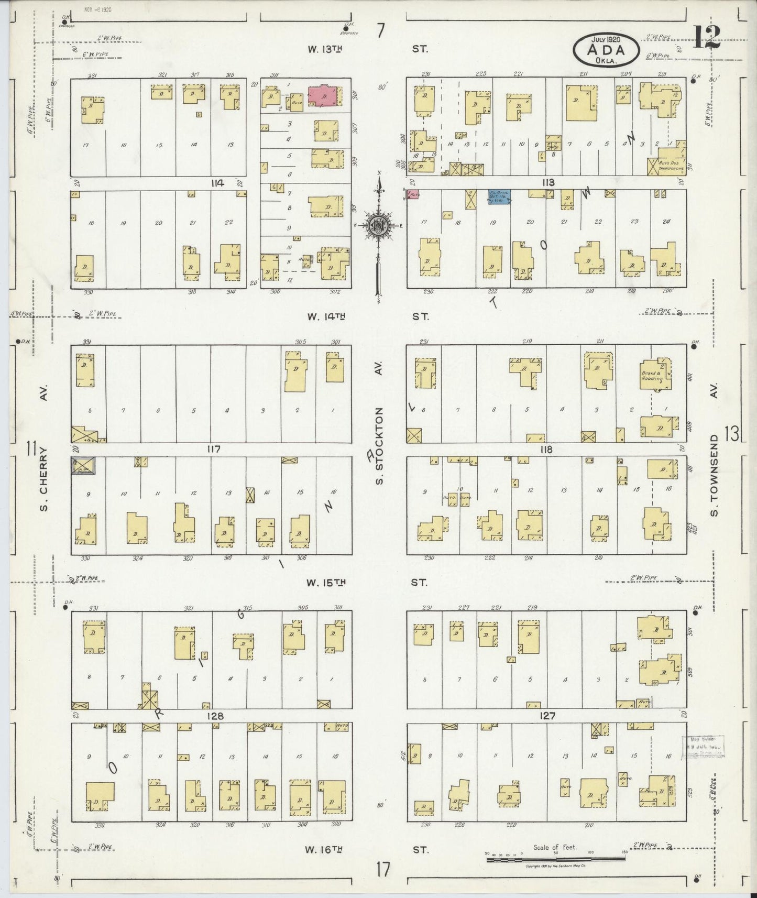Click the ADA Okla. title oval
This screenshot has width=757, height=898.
click(x=606, y=50)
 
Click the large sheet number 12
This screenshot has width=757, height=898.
click(x=707, y=38)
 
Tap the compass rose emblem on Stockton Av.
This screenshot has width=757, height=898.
click(x=378, y=226)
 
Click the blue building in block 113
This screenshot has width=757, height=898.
click(x=499, y=196)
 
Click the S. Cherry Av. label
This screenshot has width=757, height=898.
click(x=44, y=479)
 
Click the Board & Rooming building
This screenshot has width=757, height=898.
click(x=653, y=374)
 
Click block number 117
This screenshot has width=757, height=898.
click(x=213, y=449)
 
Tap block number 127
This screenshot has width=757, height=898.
click(x=547, y=716)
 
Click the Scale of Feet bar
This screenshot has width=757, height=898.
click(x=555, y=859)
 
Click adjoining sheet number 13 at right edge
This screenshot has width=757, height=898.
click(x=731, y=433)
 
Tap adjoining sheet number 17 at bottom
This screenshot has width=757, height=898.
click(x=382, y=870)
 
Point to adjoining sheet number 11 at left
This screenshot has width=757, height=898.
click(x=31, y=449)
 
